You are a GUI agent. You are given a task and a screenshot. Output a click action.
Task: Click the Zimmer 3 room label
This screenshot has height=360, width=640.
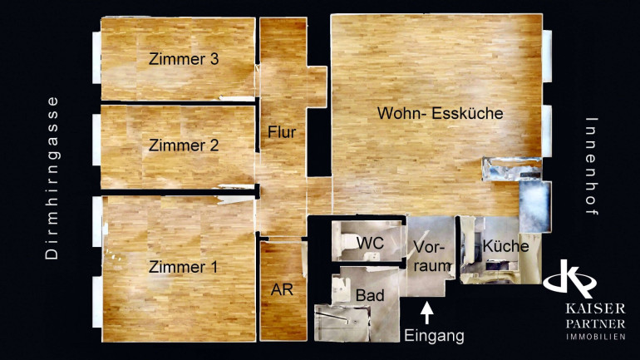point(184,59)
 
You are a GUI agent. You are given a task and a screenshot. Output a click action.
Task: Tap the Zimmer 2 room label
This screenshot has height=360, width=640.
point(184,145)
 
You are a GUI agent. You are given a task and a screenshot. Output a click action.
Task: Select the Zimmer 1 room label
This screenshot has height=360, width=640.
point(183,267)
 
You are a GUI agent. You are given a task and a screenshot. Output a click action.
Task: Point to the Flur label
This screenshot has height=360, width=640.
point(282,132)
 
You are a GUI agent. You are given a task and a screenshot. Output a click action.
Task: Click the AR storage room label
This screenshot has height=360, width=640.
point(282,289)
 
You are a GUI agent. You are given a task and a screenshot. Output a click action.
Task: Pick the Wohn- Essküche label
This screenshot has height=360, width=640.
point(440,113)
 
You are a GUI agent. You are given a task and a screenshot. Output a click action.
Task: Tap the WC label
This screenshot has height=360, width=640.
point(370,243)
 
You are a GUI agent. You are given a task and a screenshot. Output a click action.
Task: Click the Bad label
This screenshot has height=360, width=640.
point(370,295)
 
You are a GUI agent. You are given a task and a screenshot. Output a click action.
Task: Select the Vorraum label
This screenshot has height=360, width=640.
point(432,256)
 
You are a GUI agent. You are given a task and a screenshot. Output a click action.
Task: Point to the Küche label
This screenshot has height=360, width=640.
point(505,246)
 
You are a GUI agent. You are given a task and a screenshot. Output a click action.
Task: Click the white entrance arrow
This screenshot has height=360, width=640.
point(427,313)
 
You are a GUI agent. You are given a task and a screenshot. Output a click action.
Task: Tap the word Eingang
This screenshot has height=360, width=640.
point(434,336)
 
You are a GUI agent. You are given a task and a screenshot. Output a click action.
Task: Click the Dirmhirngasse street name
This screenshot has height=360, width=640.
point(52,178)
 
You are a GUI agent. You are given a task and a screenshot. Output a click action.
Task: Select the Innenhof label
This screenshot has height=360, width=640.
point(592,166)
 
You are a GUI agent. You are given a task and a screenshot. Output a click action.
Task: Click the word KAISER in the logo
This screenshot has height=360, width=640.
point(595,308)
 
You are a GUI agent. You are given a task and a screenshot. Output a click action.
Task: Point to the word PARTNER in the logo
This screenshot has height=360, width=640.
point(595,324)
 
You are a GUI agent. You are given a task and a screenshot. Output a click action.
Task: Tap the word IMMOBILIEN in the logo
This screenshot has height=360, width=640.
point(595,338)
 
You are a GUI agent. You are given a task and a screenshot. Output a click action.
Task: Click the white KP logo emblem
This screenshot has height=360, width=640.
point(570,279)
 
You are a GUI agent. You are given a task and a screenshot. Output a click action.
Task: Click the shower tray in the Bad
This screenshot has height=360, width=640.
point(342,323)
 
